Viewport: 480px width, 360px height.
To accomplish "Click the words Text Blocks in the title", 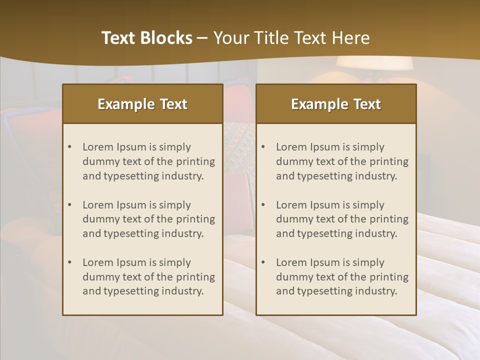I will click(x=146, y=38).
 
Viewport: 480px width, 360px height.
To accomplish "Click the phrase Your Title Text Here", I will click(x=291, y=38).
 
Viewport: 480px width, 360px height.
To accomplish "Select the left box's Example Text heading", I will click(x=142, y=104).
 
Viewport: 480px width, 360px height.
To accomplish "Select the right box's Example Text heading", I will click(x=336, y=104).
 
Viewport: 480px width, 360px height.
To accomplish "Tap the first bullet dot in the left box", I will click(x=69, y=147).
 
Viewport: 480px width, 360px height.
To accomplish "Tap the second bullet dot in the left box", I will click(x=69, y=205).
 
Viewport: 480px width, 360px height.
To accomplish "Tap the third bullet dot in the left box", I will click(x=69, y=262).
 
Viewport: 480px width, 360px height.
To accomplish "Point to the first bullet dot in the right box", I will click(x=263, y=147).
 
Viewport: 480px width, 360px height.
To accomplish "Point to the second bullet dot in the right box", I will click(x=263, y=205).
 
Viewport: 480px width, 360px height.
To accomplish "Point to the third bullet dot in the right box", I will click(x=263, y=262).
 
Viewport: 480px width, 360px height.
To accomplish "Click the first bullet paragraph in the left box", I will click(x=148, y=161).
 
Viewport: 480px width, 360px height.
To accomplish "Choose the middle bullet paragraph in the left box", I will click(x=148, y=219).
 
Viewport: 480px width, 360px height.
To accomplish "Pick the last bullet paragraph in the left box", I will click(x=148, y=277).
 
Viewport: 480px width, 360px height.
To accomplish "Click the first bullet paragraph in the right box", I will click(x=342, y=161).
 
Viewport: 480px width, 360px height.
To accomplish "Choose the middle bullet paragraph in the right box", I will click(x=342, y=219).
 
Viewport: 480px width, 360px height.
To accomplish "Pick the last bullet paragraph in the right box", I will click(x=342, y=277).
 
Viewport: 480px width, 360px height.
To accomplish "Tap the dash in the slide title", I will click(x=202, y=38).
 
